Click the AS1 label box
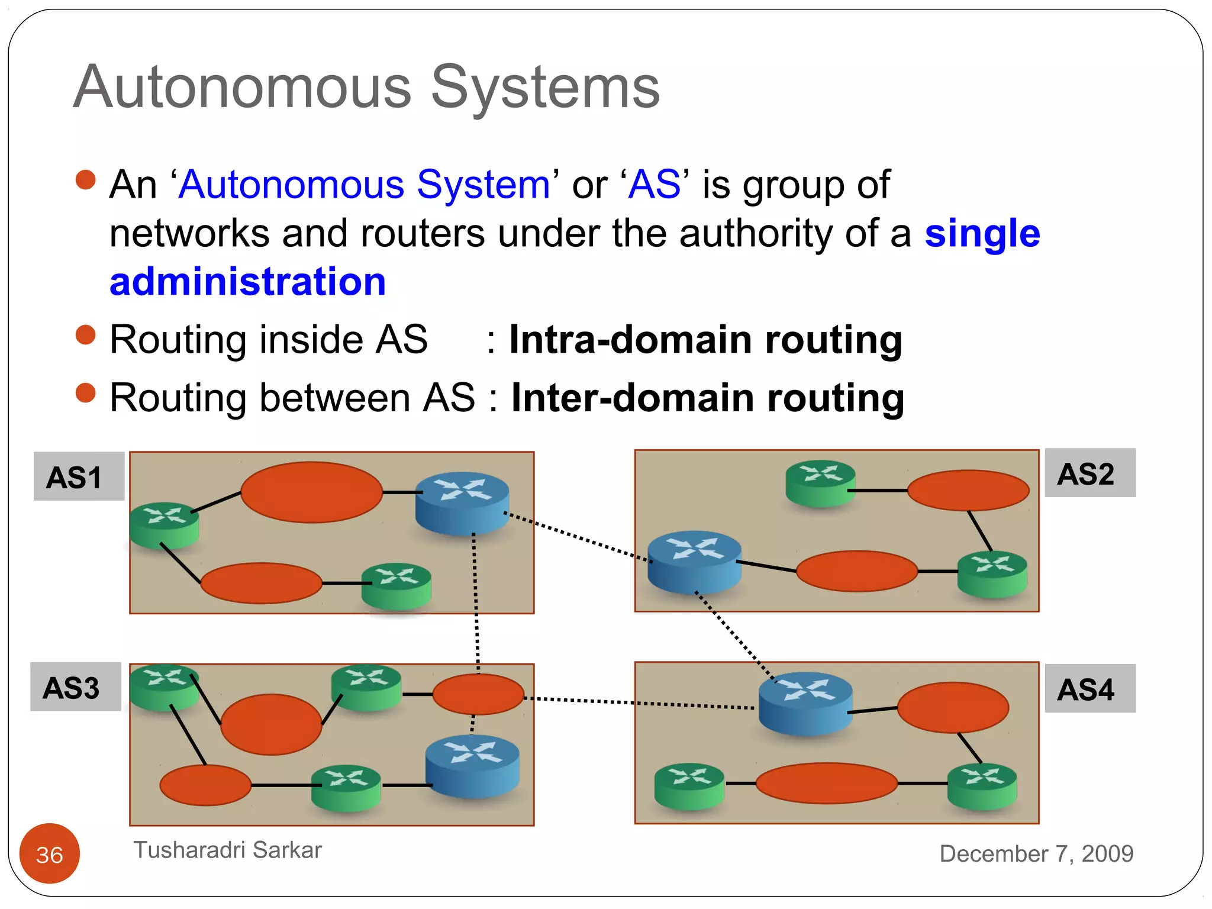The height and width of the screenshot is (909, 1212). [79, 476]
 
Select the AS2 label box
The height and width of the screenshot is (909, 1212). [1089, 473]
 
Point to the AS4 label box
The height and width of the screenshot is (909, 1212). [1089, 688]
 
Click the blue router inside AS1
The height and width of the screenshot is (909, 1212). [462, 503]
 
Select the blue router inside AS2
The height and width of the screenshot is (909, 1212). [694, 562]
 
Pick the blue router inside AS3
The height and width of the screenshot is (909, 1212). [472, 766]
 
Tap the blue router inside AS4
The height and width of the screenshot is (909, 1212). [805, 704]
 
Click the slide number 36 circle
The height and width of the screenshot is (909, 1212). [50, 853]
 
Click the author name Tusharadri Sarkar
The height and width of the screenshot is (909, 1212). [227, 850]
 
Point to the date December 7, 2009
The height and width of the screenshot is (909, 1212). [1036, 853]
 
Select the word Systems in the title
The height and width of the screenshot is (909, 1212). [544, 88]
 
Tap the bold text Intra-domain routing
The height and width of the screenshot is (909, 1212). [705, 340]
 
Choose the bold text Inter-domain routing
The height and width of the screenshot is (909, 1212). [707, 398]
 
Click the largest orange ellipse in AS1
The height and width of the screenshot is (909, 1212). [311, 492]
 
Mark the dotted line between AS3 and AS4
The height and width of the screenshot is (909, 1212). [639, 703]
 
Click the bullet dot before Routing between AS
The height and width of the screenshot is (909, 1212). [86, 392]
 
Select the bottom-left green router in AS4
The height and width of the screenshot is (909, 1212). [689, 786]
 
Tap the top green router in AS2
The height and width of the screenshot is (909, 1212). [820, 483]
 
